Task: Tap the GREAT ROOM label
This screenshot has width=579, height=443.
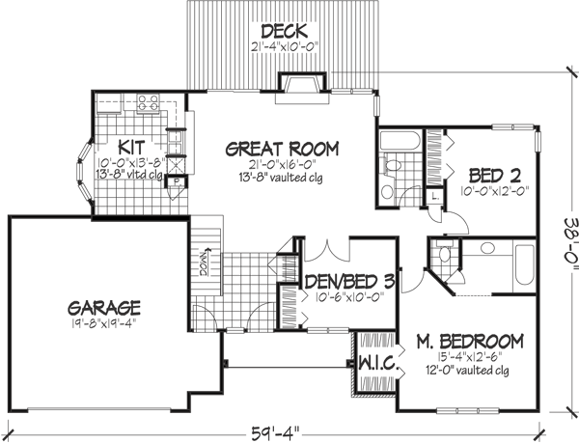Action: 282,149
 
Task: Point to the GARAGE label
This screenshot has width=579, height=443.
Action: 105,308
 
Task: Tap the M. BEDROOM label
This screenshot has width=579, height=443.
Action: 470,341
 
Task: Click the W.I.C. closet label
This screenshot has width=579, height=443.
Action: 374,364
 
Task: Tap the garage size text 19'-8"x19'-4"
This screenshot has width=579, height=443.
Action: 105,326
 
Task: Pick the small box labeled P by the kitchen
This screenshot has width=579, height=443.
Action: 177,181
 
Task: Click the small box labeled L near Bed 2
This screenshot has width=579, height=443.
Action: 436,196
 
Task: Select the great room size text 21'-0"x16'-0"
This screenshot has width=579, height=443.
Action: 282,166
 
